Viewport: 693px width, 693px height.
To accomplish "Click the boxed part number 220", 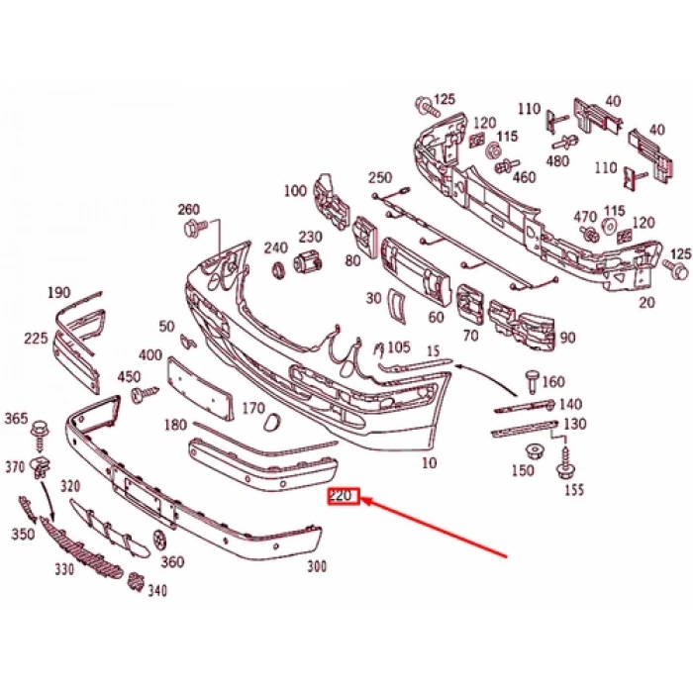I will [x=343, y=497].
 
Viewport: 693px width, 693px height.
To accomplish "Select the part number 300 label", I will [x=317, y=567].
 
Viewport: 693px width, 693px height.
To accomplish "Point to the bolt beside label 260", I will [x=192, y=229].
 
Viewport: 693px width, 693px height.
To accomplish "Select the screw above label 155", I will [x=568, y=459].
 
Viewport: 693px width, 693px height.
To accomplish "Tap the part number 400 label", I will [x=150, y=355].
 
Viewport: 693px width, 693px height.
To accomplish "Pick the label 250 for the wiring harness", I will [x=380, y=178].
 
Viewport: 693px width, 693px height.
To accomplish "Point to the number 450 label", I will [x=130, y=377].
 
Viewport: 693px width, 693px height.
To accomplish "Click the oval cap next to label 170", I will [x=270, y=423].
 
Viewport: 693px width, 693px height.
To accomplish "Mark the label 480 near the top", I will [x=558, y=161].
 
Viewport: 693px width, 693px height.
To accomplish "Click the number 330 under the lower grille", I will [x=65, y=570].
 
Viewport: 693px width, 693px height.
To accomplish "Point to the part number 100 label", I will [x=295, y=190].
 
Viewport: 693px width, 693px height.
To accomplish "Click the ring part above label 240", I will [x=278, y=269].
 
